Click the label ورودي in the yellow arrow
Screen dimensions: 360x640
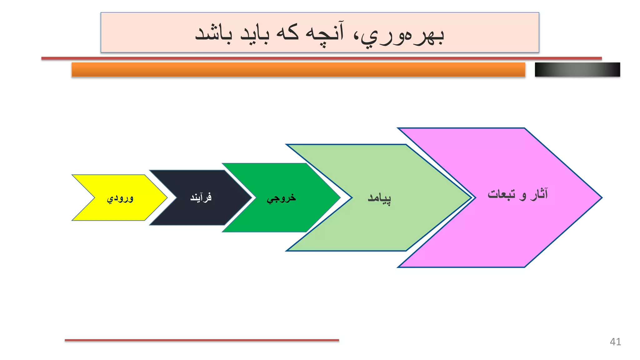[120, 198]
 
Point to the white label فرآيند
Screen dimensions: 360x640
[201, 197]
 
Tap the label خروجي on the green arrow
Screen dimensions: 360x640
[281, 198]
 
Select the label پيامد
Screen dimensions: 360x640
[379, 198]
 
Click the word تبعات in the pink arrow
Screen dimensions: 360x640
[501, 194]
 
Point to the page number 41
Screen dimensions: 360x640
[615, 342]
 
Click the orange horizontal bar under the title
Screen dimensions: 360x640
[298, 70]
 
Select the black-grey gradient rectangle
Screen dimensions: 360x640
[577, 70]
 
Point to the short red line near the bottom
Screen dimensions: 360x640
[202, 340]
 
